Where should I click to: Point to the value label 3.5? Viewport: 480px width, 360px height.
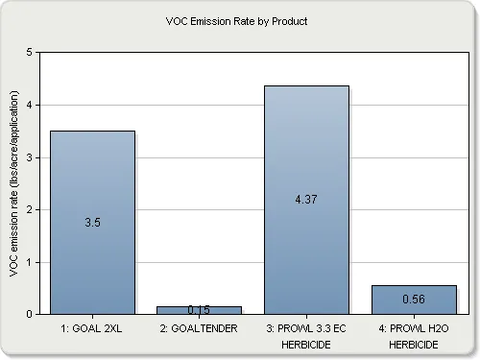tap(92, 222)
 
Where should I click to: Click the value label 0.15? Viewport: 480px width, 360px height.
tap(200, 309)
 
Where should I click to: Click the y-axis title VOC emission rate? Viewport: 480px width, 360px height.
tap(14, 182)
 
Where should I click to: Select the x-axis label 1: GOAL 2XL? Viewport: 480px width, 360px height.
tap(92, 327)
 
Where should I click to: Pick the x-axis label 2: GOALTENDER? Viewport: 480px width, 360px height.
tap(200, 327)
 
